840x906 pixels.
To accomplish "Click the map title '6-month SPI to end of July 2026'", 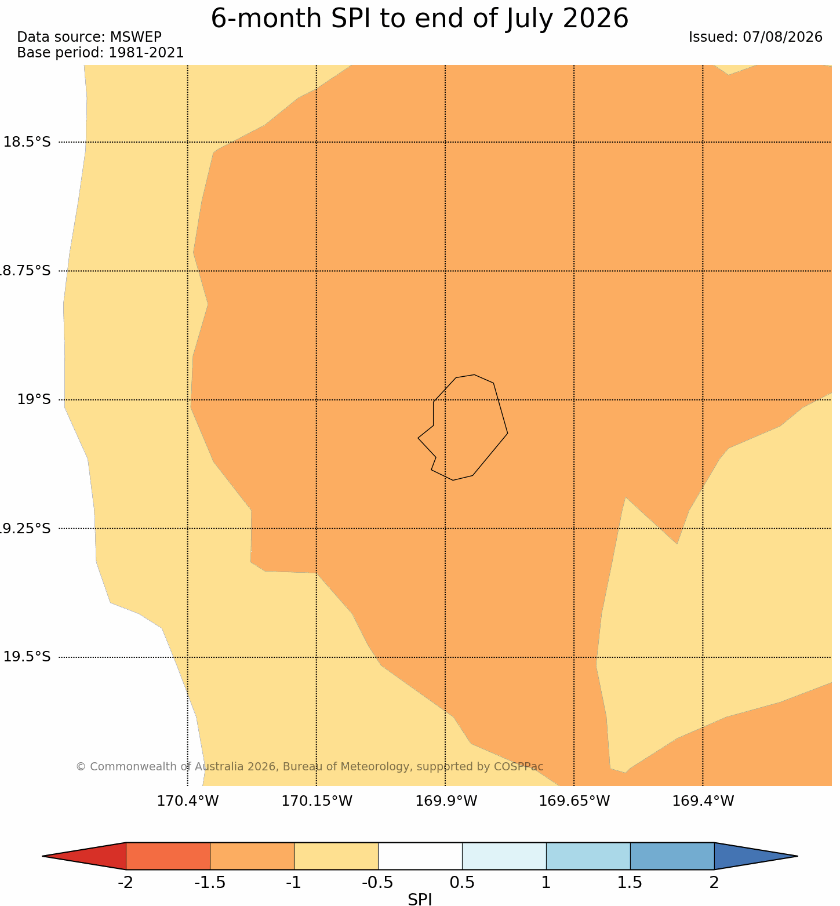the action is [419, 19].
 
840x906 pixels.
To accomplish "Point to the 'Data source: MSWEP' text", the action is [89, 37].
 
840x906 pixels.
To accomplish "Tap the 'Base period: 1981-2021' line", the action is [100, 53].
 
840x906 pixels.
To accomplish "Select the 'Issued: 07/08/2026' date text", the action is [755, 37].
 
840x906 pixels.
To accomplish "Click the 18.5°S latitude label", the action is [27, 142].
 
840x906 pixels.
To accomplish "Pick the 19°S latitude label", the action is [34, 399].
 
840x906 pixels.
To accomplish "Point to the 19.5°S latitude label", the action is [27, 657].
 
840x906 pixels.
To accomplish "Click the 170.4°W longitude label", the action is [188, 801].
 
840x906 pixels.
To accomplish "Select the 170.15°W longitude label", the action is [317, 801].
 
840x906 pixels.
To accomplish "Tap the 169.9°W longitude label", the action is [446, 801].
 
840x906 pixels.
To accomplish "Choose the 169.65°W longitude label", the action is [574, 801].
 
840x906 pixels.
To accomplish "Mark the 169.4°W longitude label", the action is [703, 801].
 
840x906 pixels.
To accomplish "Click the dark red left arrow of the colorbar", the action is [84, 856].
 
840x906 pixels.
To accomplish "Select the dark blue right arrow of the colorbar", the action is [756, 856].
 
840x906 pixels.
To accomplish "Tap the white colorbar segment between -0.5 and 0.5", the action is [420, 856].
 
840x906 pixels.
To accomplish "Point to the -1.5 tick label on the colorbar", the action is [210, 883].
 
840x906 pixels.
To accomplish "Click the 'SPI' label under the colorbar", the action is [420, 899].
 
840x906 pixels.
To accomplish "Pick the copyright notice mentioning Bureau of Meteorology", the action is [310, 766].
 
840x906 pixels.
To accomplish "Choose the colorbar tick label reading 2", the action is [714, 883].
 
